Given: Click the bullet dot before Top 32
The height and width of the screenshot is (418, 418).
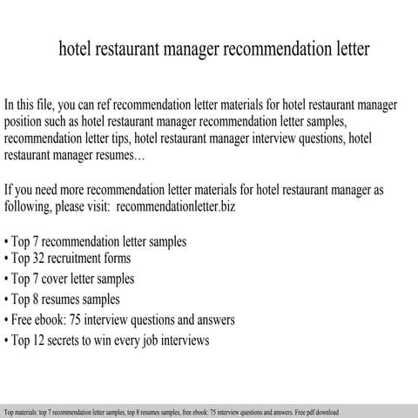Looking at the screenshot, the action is [x=7, y=260].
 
